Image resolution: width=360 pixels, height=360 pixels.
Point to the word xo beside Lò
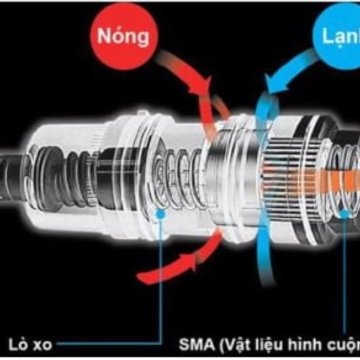[x=43, y=345]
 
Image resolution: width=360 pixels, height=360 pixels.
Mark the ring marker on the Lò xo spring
[x=160, y=213]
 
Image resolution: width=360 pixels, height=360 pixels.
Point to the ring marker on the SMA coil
[x=344, y=212]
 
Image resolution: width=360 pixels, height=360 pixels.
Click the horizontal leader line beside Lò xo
[x=108, y=345]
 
